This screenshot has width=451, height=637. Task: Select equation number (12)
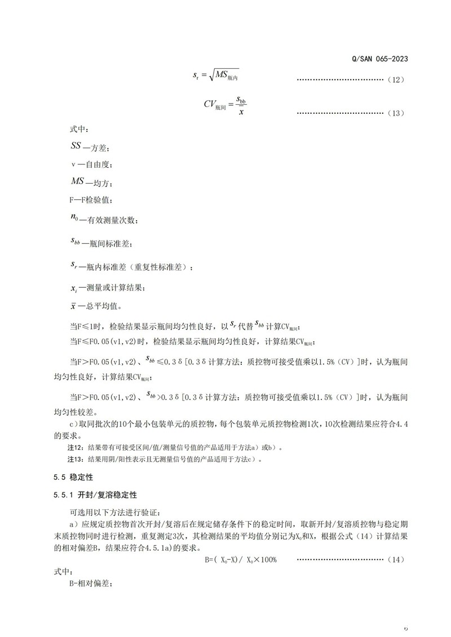396,80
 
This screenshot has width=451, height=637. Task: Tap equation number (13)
396,113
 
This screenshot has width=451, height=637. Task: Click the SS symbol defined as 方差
76,146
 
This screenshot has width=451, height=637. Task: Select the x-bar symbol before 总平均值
73,306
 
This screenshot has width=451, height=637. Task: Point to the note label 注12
75,448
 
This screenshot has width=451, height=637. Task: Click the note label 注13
75,460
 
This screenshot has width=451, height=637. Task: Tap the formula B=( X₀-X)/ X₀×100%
241,560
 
